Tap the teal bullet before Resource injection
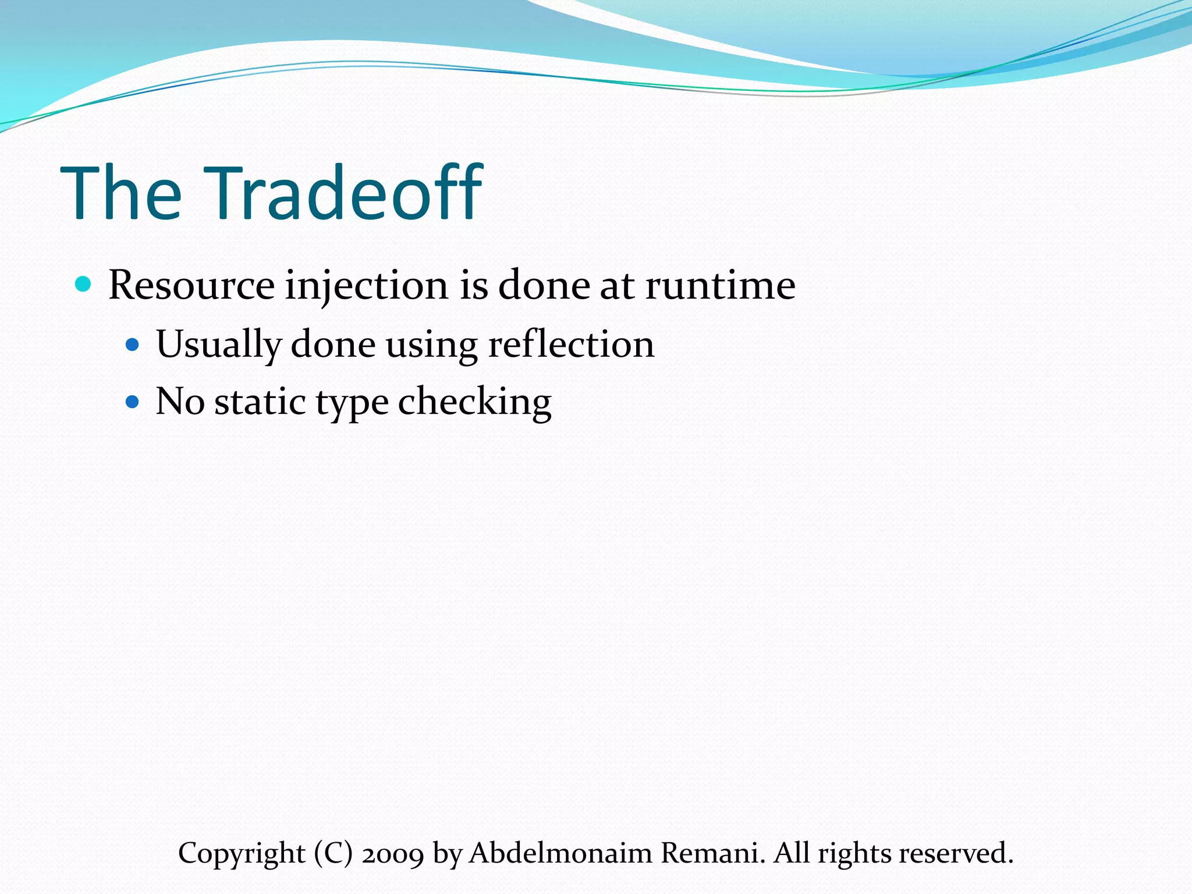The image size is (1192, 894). click(x=84, y=284)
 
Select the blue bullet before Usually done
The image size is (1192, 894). click(x=133, y=345)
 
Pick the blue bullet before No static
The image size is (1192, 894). click(x=133, y=402)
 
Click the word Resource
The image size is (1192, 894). click(x=191, y=285)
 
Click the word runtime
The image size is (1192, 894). click(x=720, y=285)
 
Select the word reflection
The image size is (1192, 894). click(x=571, y=344)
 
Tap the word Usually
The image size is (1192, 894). click(x=219, y=345)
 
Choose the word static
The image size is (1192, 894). click(x=260, y=402)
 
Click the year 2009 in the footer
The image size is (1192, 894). click(x=393, y=853)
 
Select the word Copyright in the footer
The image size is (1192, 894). click(x=242, y=854)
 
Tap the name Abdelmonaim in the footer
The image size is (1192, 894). click(x=560, y=853)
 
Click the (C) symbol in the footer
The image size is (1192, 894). click(x=334, y=853)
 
